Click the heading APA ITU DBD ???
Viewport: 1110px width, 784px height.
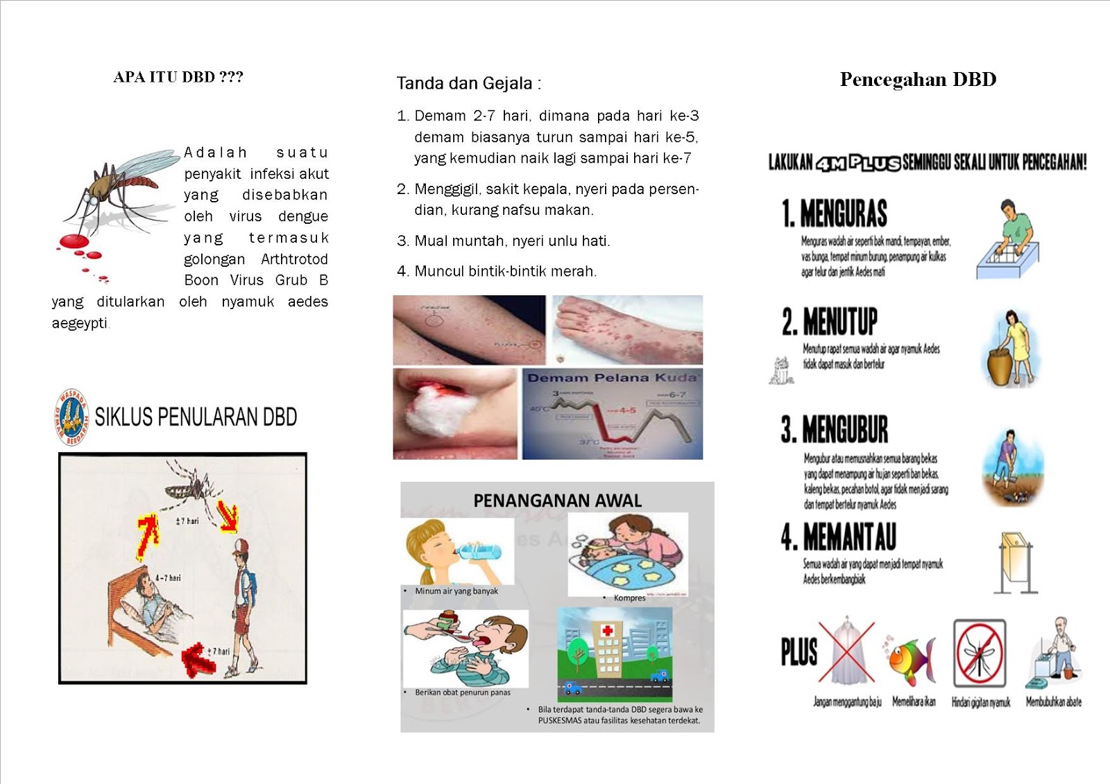[x=178, y=77]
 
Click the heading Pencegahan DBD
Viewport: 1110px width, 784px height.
[x=918, y=80]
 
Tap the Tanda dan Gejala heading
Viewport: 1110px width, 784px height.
[x=468, y=84]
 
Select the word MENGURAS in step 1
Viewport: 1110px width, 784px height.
[x=843, y=214]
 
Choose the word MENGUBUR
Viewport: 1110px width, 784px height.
[x=844, y=430]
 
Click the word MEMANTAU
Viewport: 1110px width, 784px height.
[x=848, y=537]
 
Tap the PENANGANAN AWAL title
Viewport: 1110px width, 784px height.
[x=557, y=500]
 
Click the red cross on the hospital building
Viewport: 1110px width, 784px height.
[x=608, y=631]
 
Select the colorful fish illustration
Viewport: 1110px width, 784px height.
[x=912, y=659]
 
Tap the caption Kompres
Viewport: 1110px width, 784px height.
[x=629, y=598]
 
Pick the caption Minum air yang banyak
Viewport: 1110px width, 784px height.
[x=456, y=591]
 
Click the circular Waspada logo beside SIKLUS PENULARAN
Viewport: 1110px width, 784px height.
[x=71, y=417]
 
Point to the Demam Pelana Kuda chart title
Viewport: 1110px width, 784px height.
[x=611, y=378]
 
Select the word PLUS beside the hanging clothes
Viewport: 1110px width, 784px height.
[x=799, y=652]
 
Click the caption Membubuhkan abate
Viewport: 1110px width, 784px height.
[x=1053, y=702]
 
